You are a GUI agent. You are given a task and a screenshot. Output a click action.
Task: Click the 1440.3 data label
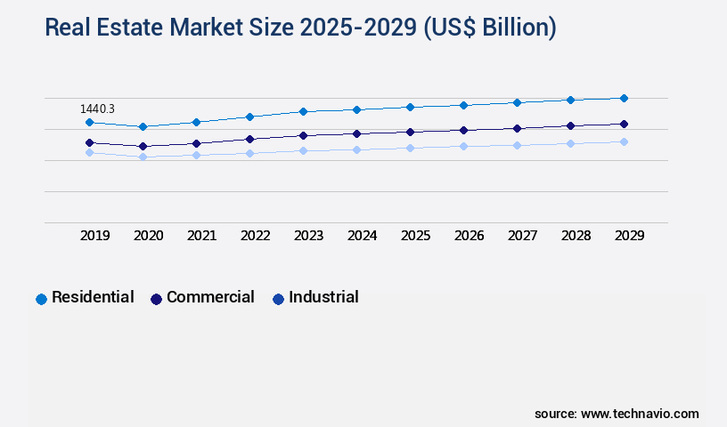tap(98, 109)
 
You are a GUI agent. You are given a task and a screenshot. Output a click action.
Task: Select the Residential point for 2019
tap(89, 122)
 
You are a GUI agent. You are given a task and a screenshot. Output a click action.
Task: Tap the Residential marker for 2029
tap(624, 98)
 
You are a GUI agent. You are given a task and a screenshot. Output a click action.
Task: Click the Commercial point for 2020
tap(143, 146)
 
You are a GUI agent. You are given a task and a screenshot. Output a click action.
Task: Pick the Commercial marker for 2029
tap(624, 124)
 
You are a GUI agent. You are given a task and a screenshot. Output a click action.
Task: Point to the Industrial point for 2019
tap(89, 152)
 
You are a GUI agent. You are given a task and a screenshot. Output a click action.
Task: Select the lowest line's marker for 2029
tap(624, 141)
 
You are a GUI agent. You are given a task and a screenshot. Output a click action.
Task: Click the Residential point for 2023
tap(303, 111)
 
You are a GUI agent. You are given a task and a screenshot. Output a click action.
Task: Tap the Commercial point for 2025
tap(410, 132)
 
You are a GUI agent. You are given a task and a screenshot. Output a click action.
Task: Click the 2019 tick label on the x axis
tap(94, 236)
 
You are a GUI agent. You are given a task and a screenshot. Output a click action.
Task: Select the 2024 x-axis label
tap(362, 236)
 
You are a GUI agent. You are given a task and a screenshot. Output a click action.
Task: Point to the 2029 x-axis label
tap(629, 236)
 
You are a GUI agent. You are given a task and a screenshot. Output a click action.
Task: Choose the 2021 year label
tap(201, 236)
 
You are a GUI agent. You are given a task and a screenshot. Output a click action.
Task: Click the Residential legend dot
tap(41, 299)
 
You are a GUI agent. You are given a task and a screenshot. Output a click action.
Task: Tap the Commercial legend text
tap(210, 297)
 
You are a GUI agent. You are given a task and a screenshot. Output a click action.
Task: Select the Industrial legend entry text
tap(323, 297)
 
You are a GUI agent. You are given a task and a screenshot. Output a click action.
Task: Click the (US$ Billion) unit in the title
tap(490, 28)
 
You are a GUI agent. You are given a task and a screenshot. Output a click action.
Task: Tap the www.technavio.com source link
tap(640, 414)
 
